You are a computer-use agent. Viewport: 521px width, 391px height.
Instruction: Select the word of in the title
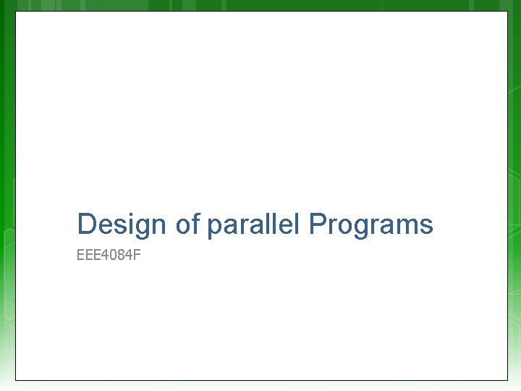187,224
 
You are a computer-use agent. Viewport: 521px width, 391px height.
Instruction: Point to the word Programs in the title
370,224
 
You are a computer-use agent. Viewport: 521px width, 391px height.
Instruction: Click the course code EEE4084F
109,256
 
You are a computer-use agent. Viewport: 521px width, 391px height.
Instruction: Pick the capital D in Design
87,224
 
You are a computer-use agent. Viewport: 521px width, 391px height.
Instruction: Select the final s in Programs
427,226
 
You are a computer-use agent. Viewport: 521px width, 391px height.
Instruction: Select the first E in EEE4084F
80,256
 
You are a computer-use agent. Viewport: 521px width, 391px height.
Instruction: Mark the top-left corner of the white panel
16,12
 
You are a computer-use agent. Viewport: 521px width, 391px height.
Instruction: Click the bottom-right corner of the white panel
508,379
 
